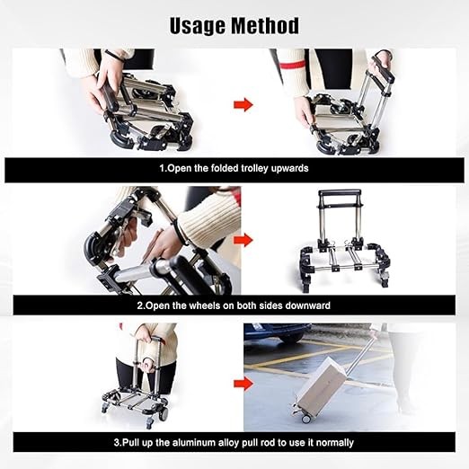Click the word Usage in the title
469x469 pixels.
click(198, 26)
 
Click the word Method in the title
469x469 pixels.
click(265, 25)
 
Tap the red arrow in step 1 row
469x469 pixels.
click(243, 105)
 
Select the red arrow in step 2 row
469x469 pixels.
click(243, 240)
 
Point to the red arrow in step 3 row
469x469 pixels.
click(243, 384)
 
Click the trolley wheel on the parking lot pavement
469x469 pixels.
click(306, 419)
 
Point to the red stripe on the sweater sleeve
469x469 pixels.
click(293, 65)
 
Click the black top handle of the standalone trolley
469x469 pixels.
click(340, 191)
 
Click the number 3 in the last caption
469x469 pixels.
click(117, 443)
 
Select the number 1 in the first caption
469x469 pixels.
click(162, 168)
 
